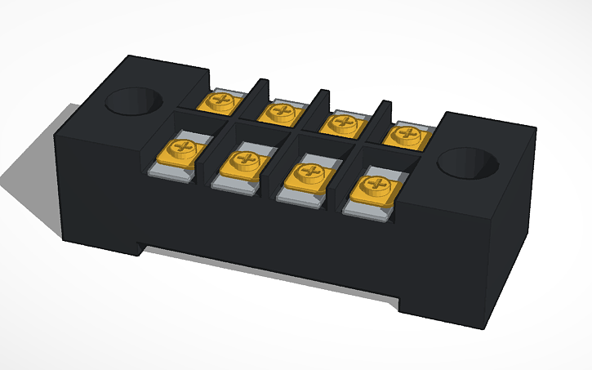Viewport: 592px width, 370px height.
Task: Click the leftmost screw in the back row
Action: point(220,102)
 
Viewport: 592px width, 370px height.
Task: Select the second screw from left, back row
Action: point(282,111)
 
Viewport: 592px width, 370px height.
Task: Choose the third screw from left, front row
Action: point(309,173)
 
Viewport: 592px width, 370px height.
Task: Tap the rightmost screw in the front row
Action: point(374,186)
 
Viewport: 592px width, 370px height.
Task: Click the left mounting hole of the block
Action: point(135,103)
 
